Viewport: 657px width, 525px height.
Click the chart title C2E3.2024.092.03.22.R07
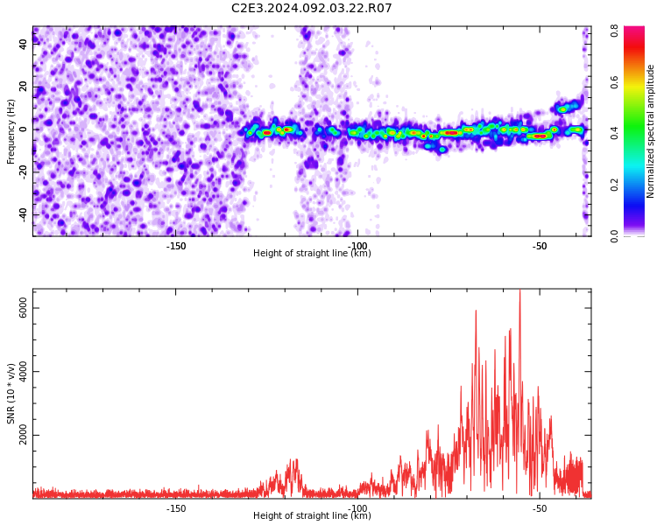pyautogui.click(x=311, y=8)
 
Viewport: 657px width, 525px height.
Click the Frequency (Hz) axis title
pyautogui.click(x=11, y=131)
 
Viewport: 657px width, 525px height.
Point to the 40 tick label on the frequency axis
pyautogui.click(x=24, y=44)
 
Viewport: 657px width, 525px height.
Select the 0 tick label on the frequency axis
pyautogui.click(x=24, y=129)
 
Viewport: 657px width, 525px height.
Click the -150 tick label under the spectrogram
pyautogui.click(x=176, y=246)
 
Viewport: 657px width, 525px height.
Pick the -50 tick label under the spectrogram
pyautogui.click(x=540, y=246)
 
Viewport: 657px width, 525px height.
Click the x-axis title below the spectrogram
pyautogui.click(x=312, y=253)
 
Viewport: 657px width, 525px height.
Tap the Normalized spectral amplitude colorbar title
pyautogui.click(x=650, y=131)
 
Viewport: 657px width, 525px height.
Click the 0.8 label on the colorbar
pyautogui.click(x=614, y=31)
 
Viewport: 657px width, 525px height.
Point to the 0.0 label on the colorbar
pyautogui.click(x=614, y=236)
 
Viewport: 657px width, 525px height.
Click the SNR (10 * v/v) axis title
pyautogui.click(x=11, y=394)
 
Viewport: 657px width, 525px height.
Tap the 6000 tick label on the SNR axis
pyautogui.click(x=24, y=308)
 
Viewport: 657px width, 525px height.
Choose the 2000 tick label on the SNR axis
pyautogui.click(x=24, y=435)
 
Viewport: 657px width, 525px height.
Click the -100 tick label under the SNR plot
pyautogui.click(x=357, y=508)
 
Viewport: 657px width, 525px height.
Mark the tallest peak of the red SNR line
pyautogui.click(x=520, y=290)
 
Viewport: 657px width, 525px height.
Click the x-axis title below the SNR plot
pyautogui.click(x=312, y=515)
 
